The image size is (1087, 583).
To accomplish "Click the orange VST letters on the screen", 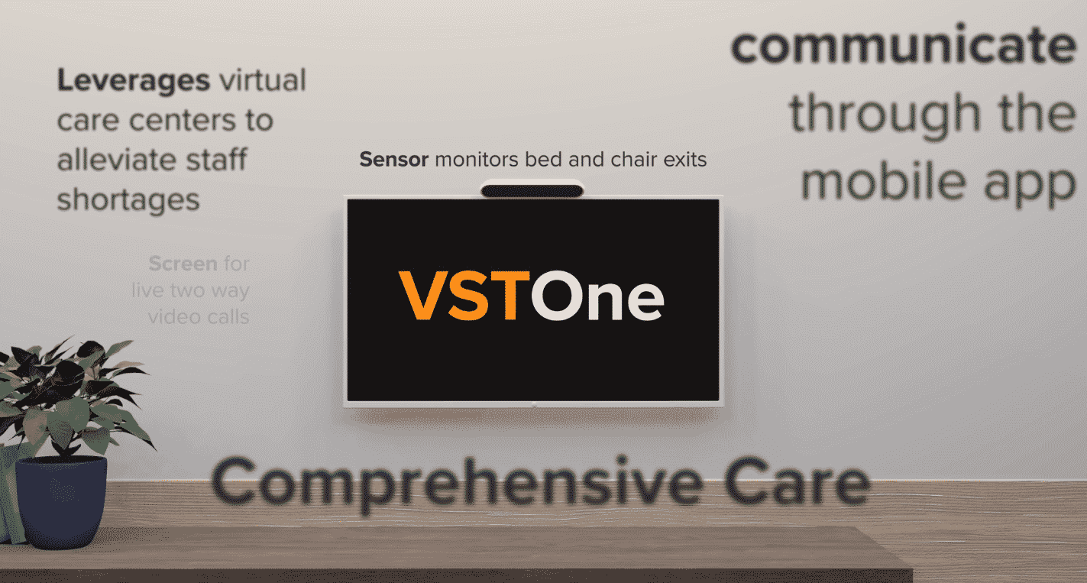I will [x=463, y=295].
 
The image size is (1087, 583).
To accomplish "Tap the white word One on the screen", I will [x=597, y=295].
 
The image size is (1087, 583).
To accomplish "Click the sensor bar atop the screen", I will [x=532, y=188].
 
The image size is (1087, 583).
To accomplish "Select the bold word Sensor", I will [x=394, y=160].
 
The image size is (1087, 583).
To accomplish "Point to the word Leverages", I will [x=134, y=80].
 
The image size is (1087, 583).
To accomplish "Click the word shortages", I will [x=128, y=199].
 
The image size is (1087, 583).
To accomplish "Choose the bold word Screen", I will [x=183, y=264].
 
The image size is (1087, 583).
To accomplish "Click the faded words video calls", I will [x=199, y=316].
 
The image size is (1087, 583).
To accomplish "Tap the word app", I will [x=1031, y=183].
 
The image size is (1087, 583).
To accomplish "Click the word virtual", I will [x=262, y=80].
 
